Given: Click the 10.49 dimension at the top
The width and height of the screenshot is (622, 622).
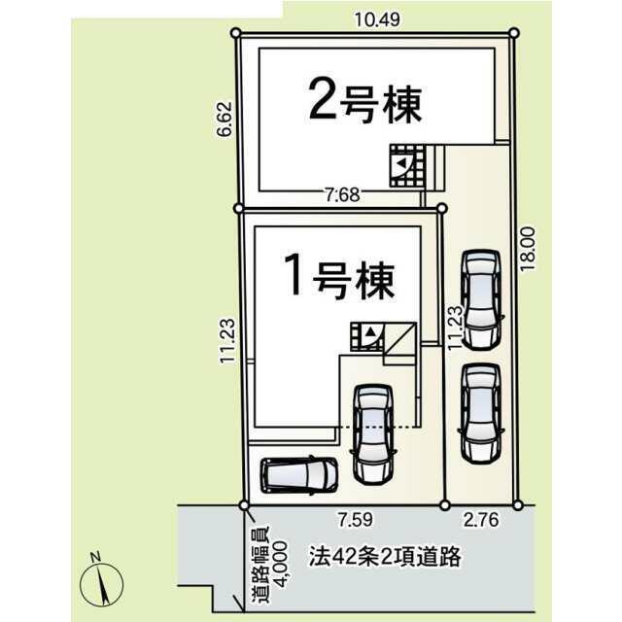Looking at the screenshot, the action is [377, 19].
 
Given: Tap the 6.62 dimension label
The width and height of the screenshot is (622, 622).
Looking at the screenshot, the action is [225, 120].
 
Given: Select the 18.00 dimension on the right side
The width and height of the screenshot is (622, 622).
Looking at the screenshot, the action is [528, 249].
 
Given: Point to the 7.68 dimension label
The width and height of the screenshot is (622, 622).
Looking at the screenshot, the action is [343, 194].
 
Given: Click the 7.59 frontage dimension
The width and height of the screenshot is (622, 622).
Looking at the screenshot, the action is [356, 520].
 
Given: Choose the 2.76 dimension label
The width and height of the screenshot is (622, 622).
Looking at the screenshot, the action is [481, 520].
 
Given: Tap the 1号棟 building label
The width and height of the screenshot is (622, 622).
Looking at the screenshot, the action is [339, 276].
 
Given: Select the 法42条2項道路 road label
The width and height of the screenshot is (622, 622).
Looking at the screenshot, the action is [385, 557].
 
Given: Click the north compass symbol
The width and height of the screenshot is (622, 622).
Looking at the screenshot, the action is [101, 580].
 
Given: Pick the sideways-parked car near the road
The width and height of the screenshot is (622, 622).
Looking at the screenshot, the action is [299, 475].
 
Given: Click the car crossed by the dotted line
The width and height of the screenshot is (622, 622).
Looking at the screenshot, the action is [373, 434].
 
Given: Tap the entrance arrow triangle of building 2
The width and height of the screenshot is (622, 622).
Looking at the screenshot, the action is [402, 162].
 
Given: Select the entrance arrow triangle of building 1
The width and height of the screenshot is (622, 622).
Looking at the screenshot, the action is [370, 330].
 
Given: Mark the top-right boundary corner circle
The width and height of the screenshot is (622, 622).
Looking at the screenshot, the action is [514, 32].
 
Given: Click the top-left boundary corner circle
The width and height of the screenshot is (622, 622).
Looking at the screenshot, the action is [235, 32].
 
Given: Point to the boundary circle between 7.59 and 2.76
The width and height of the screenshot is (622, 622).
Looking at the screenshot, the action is [445, 505].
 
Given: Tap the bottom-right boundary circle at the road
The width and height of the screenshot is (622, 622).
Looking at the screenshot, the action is [518, 505].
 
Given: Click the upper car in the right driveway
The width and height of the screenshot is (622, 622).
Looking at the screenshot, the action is [482, 300].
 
